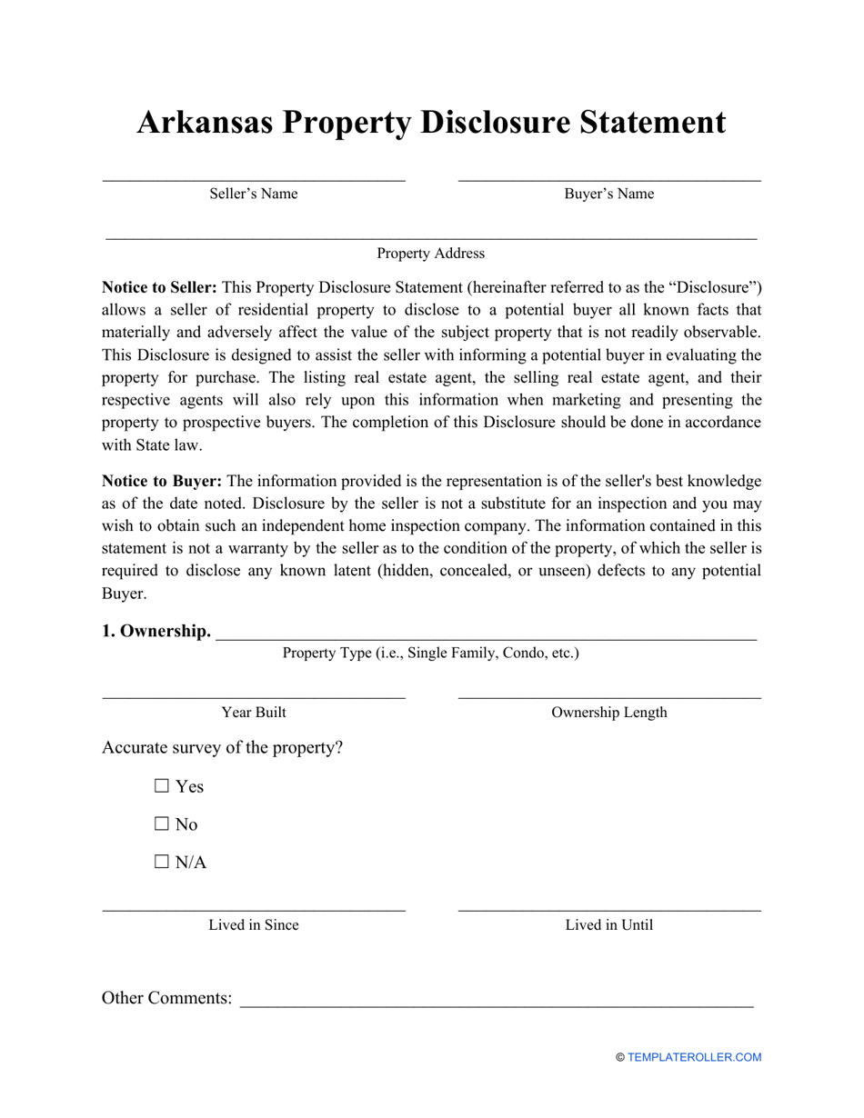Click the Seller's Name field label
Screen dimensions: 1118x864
[x=254, y=194]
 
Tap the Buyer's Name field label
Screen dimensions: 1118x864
[x=608, y=194]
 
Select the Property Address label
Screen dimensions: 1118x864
[x=431, y=254]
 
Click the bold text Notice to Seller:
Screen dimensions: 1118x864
[x=159, y=288]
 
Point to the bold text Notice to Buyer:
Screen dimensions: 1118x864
[x=161, y=482]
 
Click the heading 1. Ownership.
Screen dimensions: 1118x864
[x=156, y=631]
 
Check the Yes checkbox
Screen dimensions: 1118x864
[x=163, y=786]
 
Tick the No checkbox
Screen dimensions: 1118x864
[x=163, y=824]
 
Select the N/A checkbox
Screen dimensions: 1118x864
[x=163, y=863]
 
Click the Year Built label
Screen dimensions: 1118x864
[x=254, y=713]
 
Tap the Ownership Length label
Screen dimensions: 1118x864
[x=608, y=713]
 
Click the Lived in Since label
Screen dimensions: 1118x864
[x=254, y=925]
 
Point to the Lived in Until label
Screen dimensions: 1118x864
[x=608, y=925]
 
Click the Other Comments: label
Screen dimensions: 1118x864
[x=167, y=998]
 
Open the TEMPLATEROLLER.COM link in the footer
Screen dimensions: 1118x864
[x=694, y=1057]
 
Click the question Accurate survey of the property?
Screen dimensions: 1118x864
[x=223, y=748]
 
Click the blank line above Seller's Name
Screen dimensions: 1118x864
[x=254, y=179]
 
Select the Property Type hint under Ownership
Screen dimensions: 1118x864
[x=430, y=653]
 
